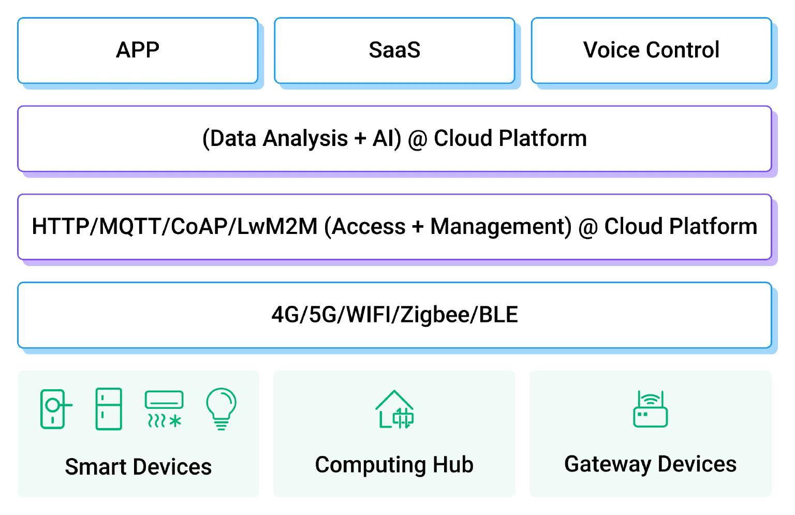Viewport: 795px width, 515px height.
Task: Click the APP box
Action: (138, 50)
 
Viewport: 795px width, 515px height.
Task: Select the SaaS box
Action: (394, 50)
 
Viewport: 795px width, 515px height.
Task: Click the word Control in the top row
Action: (683, 50)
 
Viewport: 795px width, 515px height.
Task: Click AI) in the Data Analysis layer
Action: (387, 139)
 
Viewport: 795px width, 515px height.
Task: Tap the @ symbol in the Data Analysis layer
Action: (417, 139)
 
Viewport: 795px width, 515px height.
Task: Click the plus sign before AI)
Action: (360, 139)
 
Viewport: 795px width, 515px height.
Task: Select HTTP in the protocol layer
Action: (60, 227)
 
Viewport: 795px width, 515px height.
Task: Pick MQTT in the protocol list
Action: (130, 227)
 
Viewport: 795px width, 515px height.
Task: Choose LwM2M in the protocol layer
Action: (277, 227)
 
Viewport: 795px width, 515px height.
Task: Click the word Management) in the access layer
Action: (500, 227)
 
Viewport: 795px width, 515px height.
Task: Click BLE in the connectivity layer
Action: (498, 315)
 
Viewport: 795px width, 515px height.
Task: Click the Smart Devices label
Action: (138, 467)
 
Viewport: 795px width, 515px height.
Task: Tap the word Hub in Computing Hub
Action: (453, 465)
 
